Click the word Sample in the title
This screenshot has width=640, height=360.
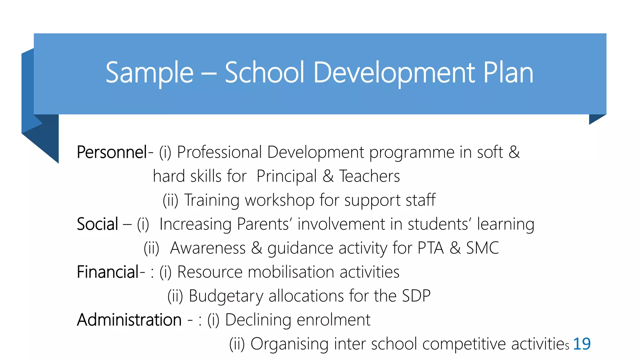(149, 73)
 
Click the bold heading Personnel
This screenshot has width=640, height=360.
(112, 152)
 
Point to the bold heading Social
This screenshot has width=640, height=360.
(97, 224)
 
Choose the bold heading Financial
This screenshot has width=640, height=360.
(107, 272)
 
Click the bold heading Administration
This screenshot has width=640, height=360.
(129, 320)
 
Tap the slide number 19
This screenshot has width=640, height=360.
(582, 344)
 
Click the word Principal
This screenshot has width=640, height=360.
(287, 177)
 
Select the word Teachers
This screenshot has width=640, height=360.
(369, 177)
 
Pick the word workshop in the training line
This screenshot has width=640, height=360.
(280, 200)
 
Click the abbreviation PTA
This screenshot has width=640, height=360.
(431, 248)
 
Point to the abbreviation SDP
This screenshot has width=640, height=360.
(416, 296)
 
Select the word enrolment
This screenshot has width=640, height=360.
(333, 320)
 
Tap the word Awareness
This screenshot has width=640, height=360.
(208, 248)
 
